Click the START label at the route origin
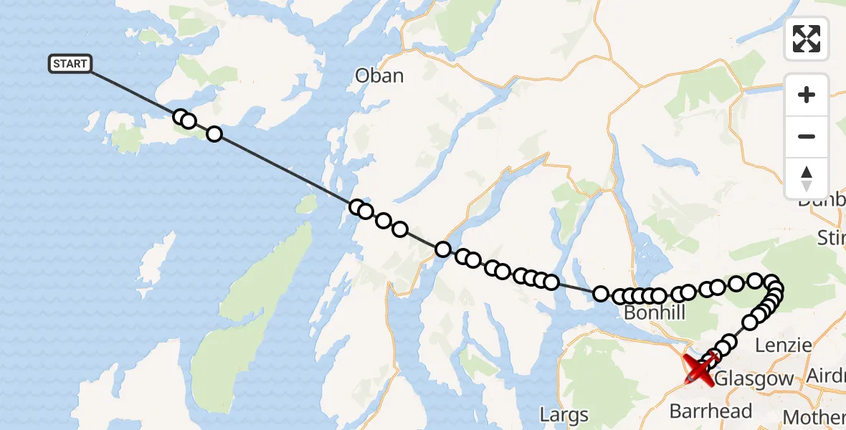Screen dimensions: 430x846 tap(70, 64)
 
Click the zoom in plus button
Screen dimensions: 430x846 tap(807, 95)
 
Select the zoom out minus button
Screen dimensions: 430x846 tap(807, 136)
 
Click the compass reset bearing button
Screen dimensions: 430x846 tap(807, 178)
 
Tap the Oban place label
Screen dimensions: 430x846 tap(379, 75)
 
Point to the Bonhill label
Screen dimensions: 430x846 tap(655, 313)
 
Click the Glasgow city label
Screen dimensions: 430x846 tap(754, 378)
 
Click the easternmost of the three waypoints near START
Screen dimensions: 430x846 tap(214, 134)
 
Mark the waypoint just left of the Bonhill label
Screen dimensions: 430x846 tap(601, 293)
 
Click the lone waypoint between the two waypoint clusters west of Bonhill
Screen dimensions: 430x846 tap(442, 249)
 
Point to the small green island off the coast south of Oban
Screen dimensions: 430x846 tap(306, 205)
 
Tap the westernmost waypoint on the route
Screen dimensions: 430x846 tap(181, 118)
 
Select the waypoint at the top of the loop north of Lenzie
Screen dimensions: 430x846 tap(755, 280)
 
